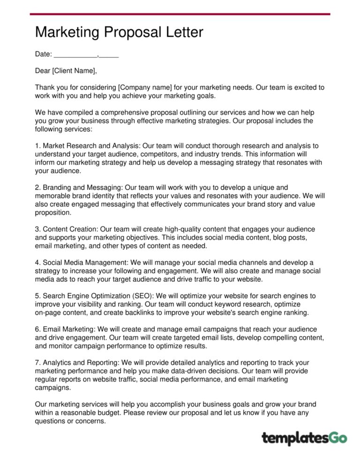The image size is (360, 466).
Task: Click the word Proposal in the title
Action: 136,32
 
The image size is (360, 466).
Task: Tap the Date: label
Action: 43,54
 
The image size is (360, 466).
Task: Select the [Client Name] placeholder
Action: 75,71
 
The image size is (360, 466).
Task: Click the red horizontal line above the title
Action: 180,14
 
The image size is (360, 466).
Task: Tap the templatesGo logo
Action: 304,438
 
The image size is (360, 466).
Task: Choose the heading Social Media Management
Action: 89,263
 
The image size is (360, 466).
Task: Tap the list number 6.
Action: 37,330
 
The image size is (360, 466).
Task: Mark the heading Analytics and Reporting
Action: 81,363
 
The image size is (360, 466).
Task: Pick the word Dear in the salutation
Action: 43,71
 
